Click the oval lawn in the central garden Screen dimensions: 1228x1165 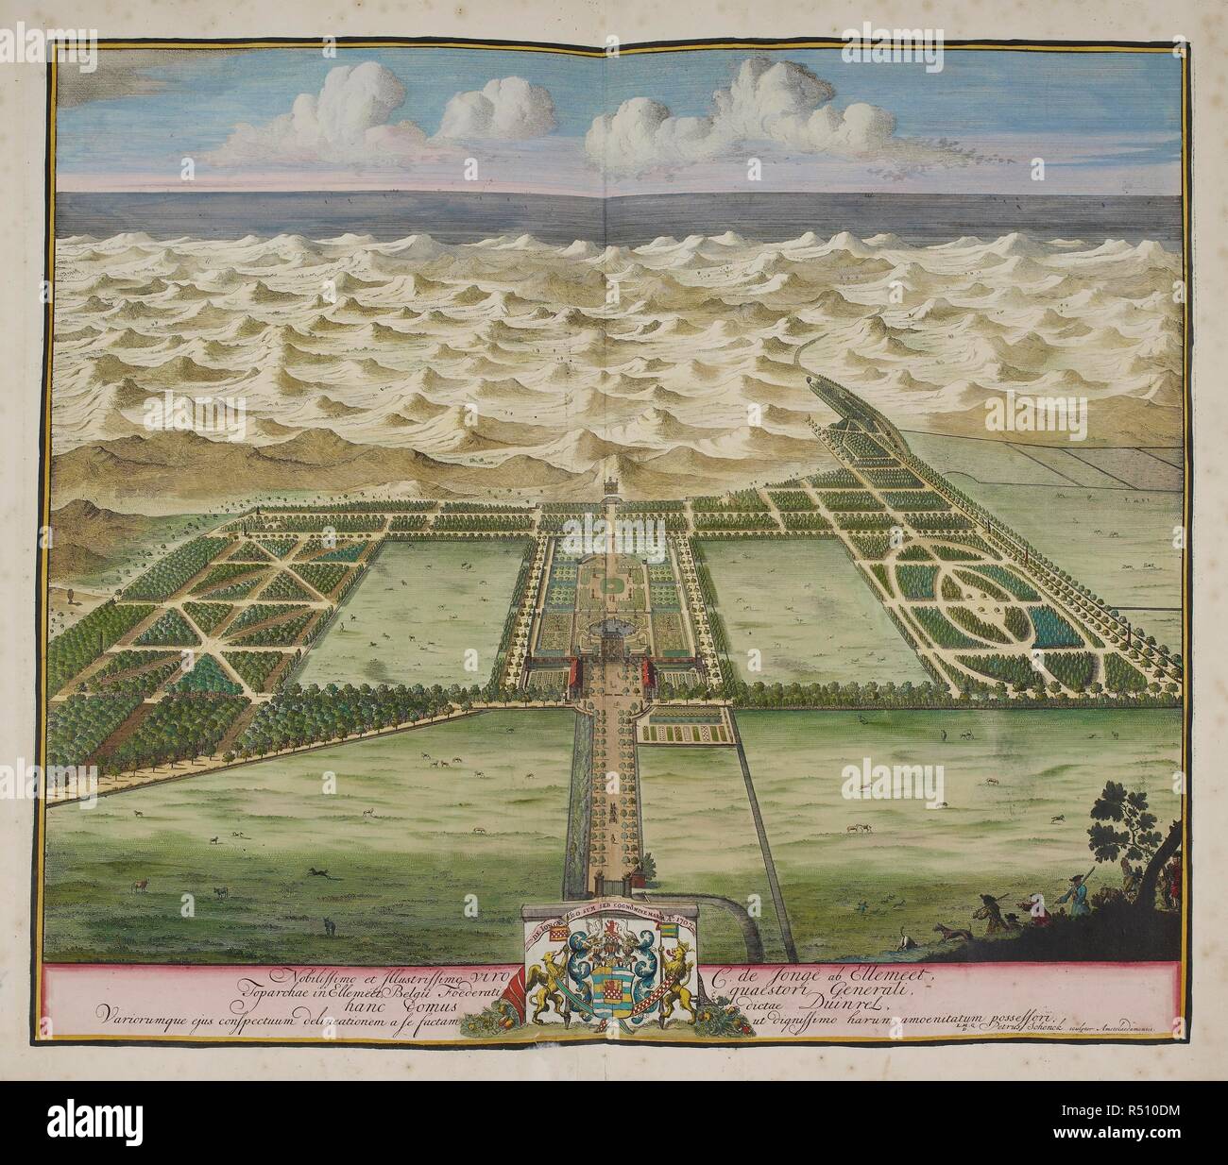[615, 587]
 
